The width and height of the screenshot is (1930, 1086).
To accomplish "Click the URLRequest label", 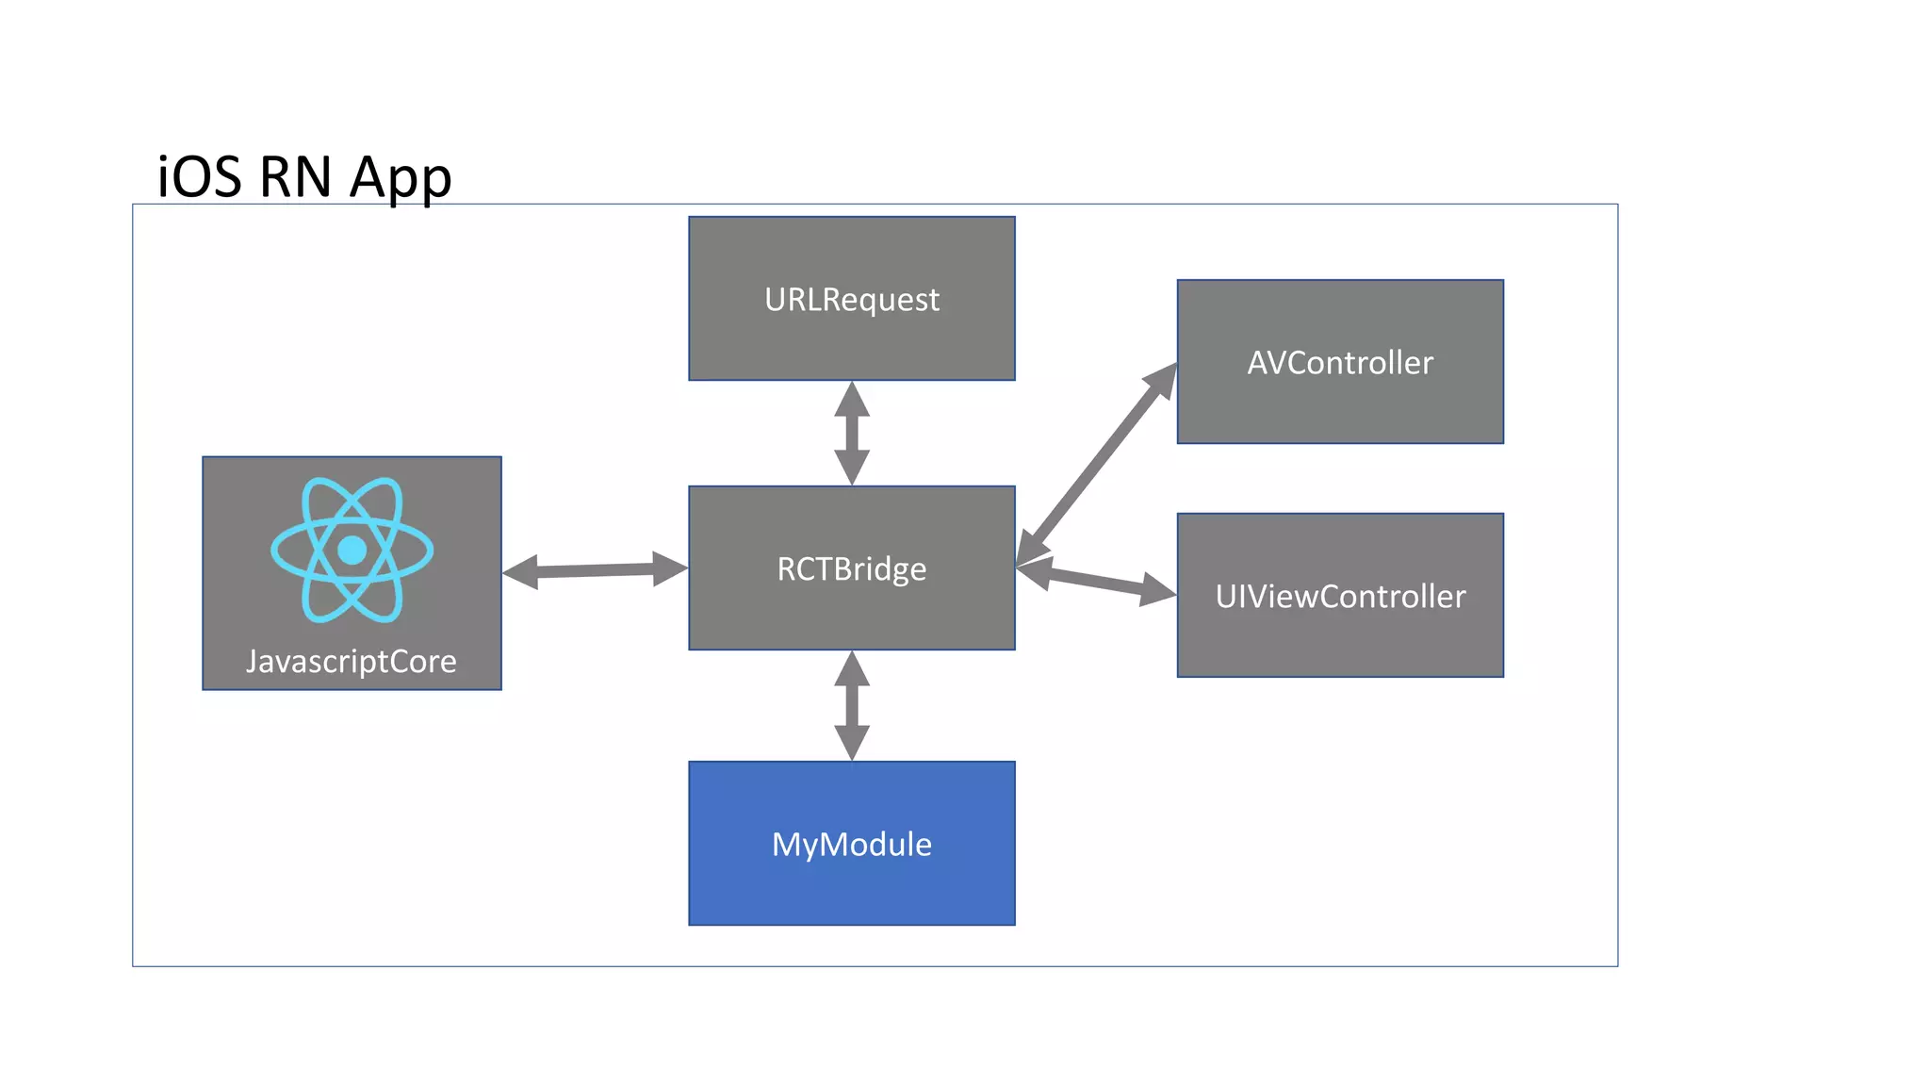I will [x=851, y=300].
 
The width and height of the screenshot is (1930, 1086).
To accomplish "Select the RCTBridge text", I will [x=851, y=569].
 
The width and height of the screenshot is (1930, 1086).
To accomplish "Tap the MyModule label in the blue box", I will [x=851, y=845].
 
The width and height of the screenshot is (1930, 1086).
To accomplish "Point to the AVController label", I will [x=1339, y=363].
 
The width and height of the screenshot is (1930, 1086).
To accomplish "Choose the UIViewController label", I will [x=1339, y=597].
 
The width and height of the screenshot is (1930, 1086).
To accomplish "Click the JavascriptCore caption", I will [x=351, y=662].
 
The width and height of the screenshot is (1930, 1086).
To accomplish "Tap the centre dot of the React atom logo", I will [x=352, y=550].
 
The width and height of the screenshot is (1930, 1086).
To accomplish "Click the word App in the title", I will [x=401, y=177].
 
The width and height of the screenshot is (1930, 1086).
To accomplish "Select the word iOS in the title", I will [x=199, y=177].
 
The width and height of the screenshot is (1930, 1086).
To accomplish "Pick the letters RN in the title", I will [x=295, y=177].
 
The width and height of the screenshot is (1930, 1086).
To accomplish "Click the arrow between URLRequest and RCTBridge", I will [x=852, y=434].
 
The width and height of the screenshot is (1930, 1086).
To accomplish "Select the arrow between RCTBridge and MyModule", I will [x=852, y=705].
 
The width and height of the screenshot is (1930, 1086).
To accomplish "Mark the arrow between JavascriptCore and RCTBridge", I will [x=595, y=570].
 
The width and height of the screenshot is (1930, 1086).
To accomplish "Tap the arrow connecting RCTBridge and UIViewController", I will [x=1096, y=581].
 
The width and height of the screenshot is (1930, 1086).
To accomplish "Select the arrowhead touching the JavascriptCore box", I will [x=521, y=572].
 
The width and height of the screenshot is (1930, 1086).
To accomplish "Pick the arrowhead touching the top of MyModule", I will [x=852, y=743].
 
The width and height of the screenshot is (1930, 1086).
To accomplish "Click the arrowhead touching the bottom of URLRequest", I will [x=852, y=400].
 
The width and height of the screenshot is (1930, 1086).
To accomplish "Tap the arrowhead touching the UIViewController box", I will [x=1158, y=591].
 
